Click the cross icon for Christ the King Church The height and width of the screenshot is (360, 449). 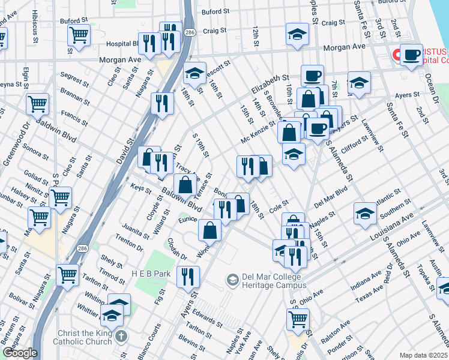(121, 337)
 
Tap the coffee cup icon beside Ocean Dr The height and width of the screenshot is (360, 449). (411, 55)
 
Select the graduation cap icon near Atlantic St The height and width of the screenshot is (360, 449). (365, 214)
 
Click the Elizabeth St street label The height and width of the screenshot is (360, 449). (270, 83)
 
